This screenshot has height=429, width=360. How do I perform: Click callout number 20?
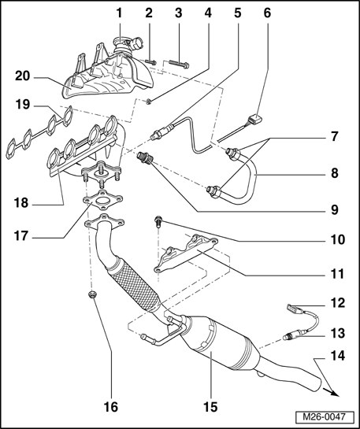click(x=22, y=76)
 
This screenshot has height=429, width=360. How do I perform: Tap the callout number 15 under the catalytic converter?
click(x=210, y=407)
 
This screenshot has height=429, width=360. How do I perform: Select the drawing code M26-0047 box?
click(x=325, y=417)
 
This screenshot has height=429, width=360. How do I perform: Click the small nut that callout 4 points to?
click(x=148, y=102)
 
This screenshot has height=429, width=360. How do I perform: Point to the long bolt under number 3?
click(x=179, y=64)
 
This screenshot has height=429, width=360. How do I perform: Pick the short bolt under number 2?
click(x=150, y=62)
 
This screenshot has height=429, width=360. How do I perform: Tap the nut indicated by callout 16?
click(x=92, y=295)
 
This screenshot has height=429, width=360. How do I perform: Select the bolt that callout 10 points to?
click(x=159, y=221)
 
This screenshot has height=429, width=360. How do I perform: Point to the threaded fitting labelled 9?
click(x=146, y=158)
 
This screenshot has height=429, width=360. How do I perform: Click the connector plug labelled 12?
click(x=292, y=309)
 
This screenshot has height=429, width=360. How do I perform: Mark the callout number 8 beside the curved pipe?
click(x=335, y=173)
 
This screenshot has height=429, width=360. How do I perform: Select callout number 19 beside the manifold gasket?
click(x=22, y=105)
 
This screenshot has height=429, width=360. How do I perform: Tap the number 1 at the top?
click(x=119, y=13)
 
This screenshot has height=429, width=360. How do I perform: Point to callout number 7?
click(x=335, y=136)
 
